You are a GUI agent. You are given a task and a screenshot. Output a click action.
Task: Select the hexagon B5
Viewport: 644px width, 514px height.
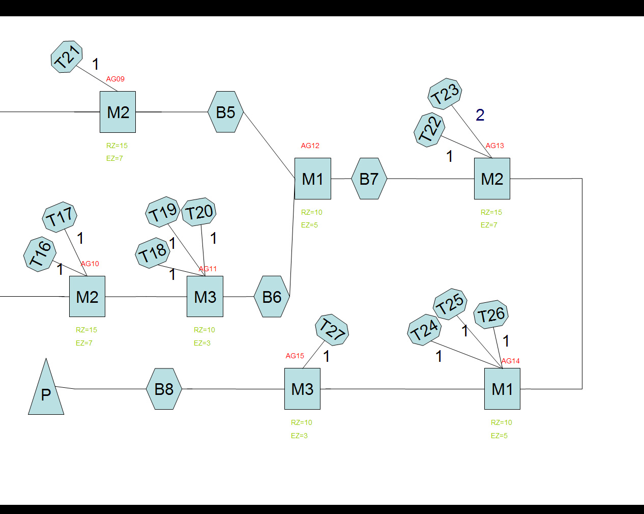pyautogui.click(x=225, y=112)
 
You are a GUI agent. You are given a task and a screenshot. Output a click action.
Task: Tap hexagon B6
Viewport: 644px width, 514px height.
pyautogui.click(x=272, y=297)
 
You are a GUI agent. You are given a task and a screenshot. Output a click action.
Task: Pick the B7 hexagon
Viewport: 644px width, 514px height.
pyautogui.click(x=369, y=179)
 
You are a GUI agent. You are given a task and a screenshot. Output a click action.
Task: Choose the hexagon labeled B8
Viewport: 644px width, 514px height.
pyautogui.click(x=164, y=389)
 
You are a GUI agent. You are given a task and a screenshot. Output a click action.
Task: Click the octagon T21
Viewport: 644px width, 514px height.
pyautogui.click(x=67, y=57)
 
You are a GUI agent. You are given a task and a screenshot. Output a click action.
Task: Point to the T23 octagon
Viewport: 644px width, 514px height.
pyautogui.click(x=445, y=94)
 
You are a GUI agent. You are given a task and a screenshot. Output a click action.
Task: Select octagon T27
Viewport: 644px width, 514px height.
pyautogui.click(x=332, y=329)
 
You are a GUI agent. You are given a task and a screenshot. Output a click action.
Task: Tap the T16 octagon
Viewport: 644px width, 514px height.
pyautogui.click(x=40, y=254)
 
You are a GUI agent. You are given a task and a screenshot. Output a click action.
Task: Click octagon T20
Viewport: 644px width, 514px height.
pyautogui.click(x=199, y=212)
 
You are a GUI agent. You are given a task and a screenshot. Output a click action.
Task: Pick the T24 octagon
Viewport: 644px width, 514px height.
pyautogui.click(x=424, y=330)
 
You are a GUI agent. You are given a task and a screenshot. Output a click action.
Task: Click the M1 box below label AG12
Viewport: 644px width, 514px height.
pyautogui.click(x=312, y=179)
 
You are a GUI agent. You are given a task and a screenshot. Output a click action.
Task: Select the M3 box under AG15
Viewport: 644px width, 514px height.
pyautogui.click(x=302, y=389)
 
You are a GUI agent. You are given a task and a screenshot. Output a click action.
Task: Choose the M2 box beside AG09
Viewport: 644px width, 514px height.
pyautogui.click(x=118, y=112)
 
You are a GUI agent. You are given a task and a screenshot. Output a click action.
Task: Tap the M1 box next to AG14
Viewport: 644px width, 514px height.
pyautogui.click(x=502, y=389)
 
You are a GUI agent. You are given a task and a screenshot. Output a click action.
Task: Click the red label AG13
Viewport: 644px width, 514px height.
pyautogui.click(x=494, y=146)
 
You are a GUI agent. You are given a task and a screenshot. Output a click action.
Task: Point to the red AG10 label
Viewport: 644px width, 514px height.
pyautogui.click(x=90, y=264)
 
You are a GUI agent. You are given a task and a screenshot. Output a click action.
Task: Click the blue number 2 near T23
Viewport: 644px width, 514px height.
pyautogui.click(x=480, y=115)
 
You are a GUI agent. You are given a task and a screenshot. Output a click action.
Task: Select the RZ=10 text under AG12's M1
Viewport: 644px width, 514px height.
pyautogui.click(x=311, y=212)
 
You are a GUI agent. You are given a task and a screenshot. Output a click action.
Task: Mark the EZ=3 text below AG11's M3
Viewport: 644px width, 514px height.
pyautogui.click(x=202, y=343)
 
